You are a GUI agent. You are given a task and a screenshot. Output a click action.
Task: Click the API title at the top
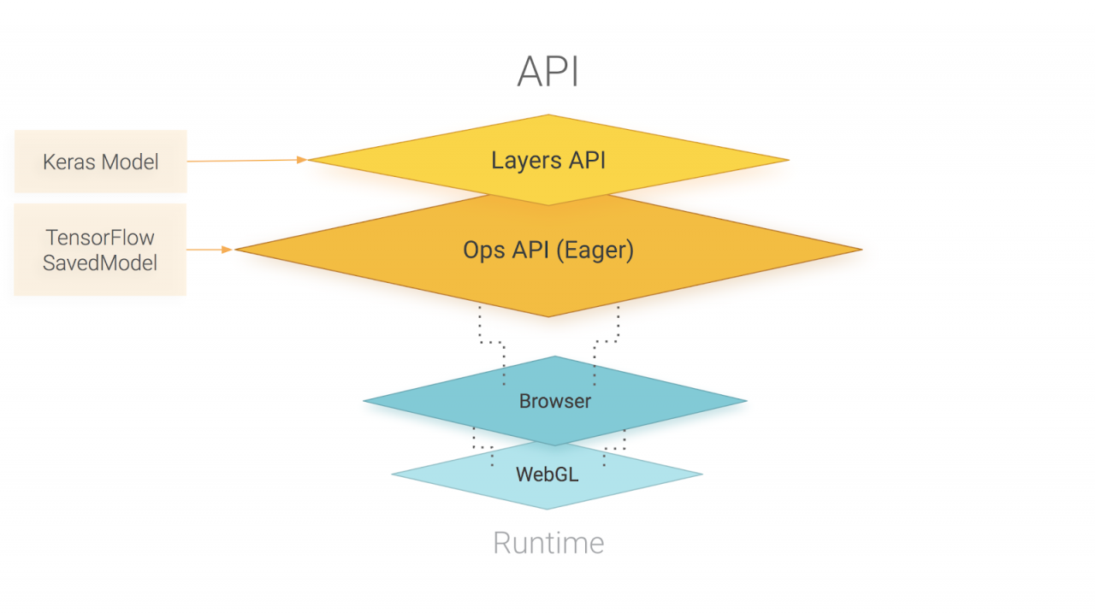[548, 73]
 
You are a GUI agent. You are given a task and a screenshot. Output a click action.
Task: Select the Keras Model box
[101, 162]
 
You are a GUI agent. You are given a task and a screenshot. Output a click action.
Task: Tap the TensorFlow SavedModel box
[101, 250]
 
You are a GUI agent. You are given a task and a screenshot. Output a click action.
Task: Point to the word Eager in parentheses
[595, 251]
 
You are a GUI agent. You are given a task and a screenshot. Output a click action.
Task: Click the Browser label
[554, 401]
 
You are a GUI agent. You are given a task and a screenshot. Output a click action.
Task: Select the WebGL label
[547, 474]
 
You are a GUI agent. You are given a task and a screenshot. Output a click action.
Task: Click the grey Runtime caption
[548, 543]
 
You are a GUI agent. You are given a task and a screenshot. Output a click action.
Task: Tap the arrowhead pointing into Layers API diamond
[301, 159]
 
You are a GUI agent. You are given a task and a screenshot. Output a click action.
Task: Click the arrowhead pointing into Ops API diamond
[227, 250]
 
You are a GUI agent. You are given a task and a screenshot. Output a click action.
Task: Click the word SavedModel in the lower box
[101, 262]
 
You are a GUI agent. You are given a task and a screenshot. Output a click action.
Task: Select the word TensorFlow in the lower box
[101, 238]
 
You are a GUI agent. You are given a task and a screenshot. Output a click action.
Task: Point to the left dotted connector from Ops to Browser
[490, 342]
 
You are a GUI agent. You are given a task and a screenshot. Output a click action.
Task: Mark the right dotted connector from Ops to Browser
[607, 342]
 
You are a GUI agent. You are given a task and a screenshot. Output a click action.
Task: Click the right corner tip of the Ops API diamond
[860, 250]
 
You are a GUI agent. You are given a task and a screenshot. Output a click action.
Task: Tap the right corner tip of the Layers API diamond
[787, 160]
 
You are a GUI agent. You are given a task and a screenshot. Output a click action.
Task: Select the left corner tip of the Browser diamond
[365, 400]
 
